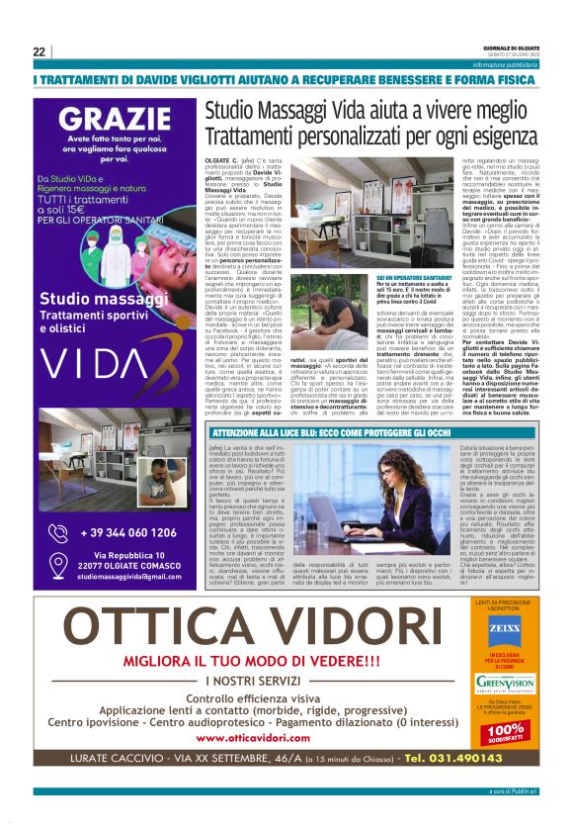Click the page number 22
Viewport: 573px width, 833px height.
pos(39,50)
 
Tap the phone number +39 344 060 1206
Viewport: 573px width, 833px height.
pos(127,533)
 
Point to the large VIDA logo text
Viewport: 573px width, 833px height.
pos(117,354)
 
